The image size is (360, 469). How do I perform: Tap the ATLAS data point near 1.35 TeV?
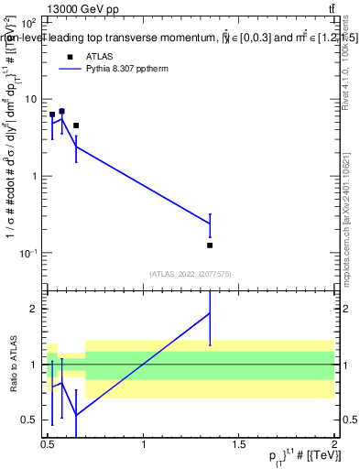click(211, 245)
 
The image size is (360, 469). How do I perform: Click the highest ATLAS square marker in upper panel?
click(61, 111)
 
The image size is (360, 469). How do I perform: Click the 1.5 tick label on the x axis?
click(239, 444)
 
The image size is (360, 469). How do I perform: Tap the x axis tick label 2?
click(334, 444)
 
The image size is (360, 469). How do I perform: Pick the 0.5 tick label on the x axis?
click(48, 444)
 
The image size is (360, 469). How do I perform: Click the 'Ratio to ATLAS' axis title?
click(11, 364)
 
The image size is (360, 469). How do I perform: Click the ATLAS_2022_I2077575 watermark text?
click(191, 273)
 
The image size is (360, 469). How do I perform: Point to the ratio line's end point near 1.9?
click(211, 313)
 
